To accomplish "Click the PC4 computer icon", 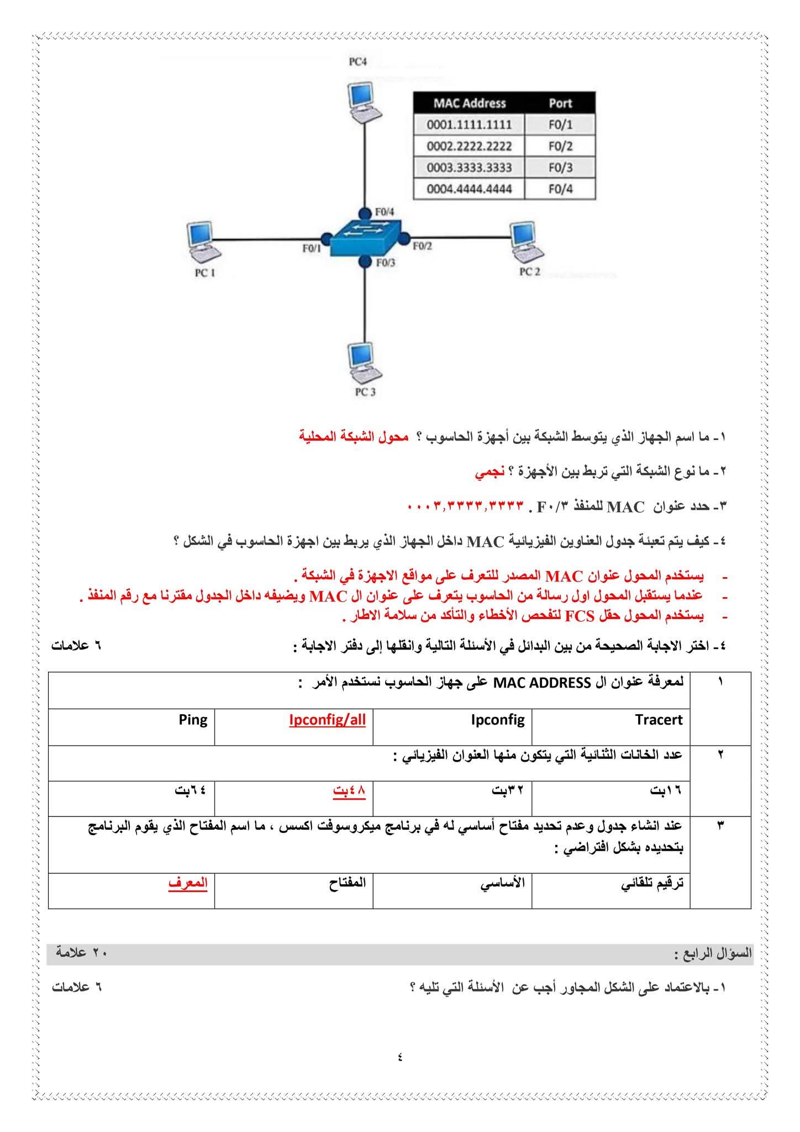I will (364, 103).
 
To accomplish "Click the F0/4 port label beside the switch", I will (385, 212).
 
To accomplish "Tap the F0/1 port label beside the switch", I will (312, 249).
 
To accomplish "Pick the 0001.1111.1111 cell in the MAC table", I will (469, 124).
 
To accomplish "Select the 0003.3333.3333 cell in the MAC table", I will (469, 167).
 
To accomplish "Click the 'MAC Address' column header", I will (469, 103).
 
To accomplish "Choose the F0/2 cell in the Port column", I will (560, 146).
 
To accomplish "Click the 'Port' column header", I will (560, 103).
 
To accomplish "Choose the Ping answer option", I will (193, 720).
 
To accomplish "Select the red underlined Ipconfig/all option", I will (327, 720).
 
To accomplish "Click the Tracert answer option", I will (659, 720).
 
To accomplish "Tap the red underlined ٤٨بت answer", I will (349, 790).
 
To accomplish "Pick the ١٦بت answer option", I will (666, 790).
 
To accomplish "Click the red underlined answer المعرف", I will (188, 883).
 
